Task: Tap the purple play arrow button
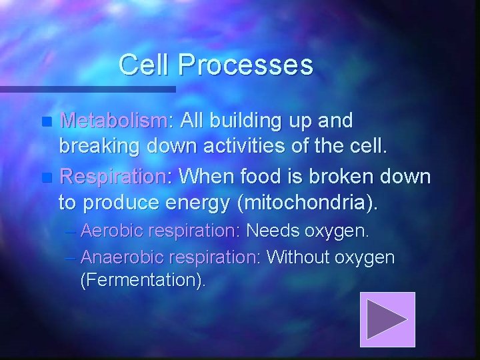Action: tap(387, 319)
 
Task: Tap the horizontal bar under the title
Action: tap(87, 89)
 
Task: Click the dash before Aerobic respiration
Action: tap(71, 232)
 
